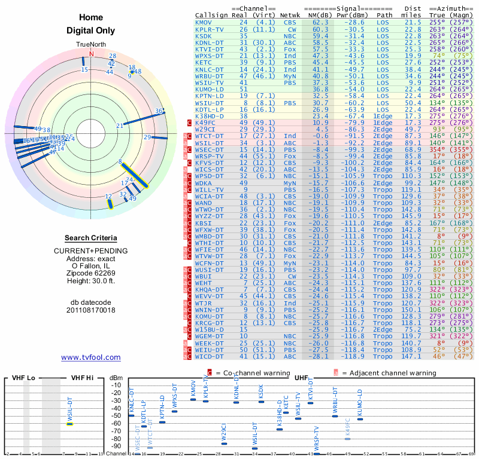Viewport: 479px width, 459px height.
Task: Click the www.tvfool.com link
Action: [91, 357]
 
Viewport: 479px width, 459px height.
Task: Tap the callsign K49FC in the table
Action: [205, 123]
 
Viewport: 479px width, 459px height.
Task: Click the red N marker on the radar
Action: [92, 54]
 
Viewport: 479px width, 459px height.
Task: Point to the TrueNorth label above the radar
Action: [91, 45]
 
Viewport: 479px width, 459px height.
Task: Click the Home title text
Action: [91, 17]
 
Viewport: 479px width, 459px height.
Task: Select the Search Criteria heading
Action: [91, 238]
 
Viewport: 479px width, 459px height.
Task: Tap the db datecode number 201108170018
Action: [91, 310]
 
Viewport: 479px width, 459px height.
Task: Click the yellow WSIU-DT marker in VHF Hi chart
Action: [69, 424]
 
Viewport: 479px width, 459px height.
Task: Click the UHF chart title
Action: [301, 378]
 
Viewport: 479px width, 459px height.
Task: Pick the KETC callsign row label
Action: [204, 62]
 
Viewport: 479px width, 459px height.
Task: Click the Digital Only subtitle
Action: [91, 30]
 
